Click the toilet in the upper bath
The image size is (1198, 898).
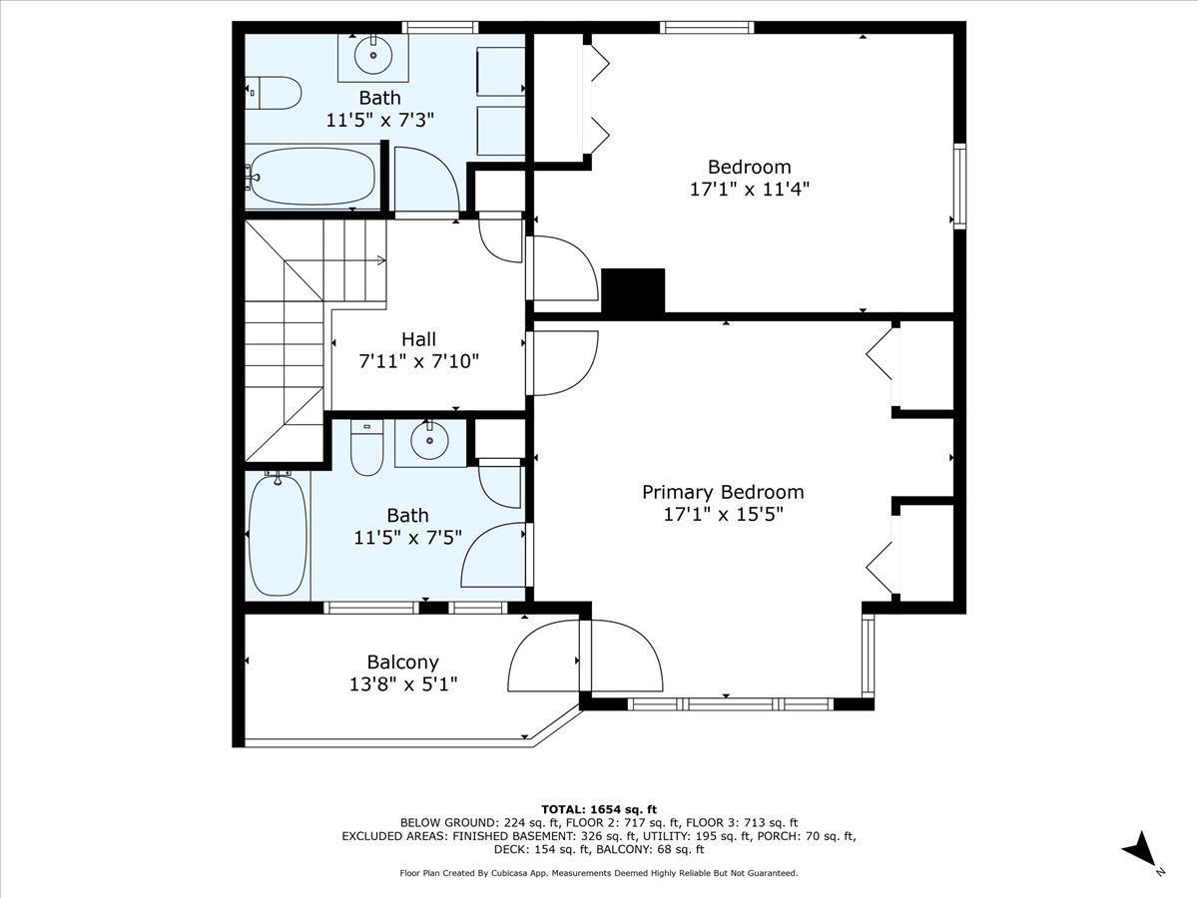274,94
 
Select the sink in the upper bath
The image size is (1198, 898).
372,55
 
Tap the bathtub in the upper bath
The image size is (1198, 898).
311,178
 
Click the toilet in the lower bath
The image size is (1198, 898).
366,450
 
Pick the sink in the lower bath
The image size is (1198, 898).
429,440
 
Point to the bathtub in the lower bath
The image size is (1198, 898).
278,537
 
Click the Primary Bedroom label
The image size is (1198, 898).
722,492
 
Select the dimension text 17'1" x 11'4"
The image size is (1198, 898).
749,189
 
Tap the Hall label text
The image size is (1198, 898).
418,339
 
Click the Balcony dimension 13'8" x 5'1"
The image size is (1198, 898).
402,683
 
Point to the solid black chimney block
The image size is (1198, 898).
633,291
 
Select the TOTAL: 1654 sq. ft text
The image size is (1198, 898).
598,808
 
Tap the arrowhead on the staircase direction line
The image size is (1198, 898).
382,261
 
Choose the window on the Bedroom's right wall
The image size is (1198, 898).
959,187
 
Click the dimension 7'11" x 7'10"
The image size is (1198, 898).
418,361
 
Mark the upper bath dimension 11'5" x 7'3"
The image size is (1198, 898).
379,120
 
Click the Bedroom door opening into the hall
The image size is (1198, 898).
562,267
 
